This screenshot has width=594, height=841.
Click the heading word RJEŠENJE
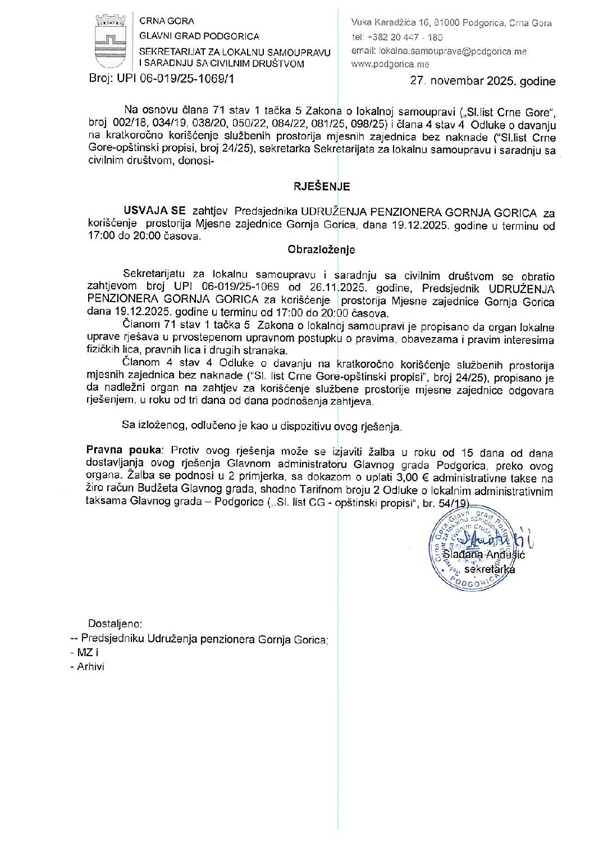(x=314, y=186)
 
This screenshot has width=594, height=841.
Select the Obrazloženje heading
(x=321, y=249)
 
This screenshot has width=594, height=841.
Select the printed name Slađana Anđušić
(x=483, y=554)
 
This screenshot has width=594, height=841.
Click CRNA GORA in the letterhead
(x=167, y=21)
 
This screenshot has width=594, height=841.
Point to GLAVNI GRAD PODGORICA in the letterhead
(x=199, y=37)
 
